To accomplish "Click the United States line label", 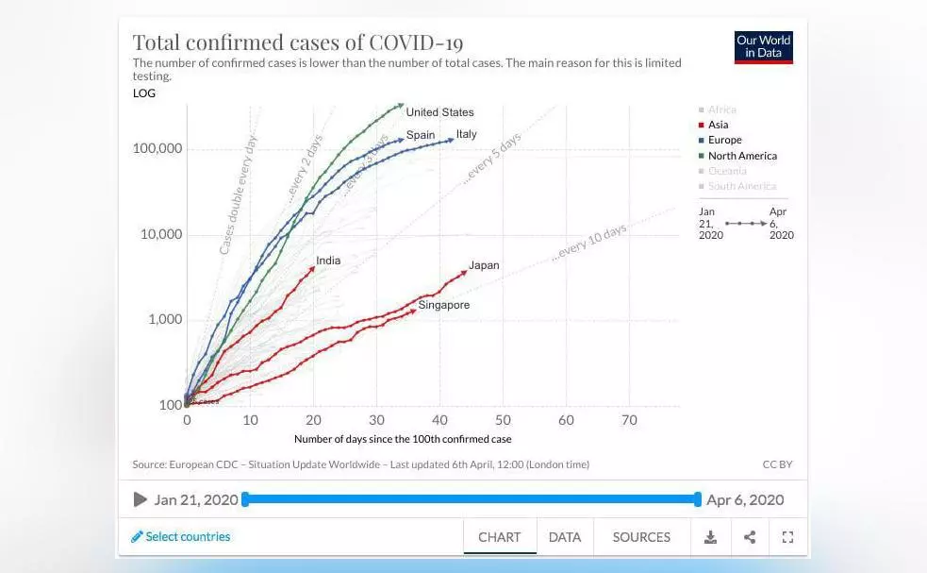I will (x=439, y=112).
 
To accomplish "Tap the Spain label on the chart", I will (x=421, y=135).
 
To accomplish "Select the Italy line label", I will (x=467, y=135).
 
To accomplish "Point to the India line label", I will (x=328, y=261).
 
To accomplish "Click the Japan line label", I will (x=484, y=266).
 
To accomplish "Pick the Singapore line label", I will (x=443, y=306).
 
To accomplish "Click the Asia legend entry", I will (x=718, y=125).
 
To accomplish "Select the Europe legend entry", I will (x=724, y=140).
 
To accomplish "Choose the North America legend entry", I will (x=742, y=156).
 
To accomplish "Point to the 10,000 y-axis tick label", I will (x=161, y=234).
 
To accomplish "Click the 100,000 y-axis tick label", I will (x=157, y=149).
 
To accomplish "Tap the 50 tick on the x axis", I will (x=503, y=420).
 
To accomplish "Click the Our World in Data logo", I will (x=764, y=47).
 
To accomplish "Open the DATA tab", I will (x=564, y=537).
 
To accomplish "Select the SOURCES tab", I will (x=641, y=537).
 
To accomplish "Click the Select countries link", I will (x=181, y=537).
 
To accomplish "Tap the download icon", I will (x=711, y=537).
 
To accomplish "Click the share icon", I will (x=750, y=537).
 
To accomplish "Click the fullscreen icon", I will (x=787, y=537).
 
